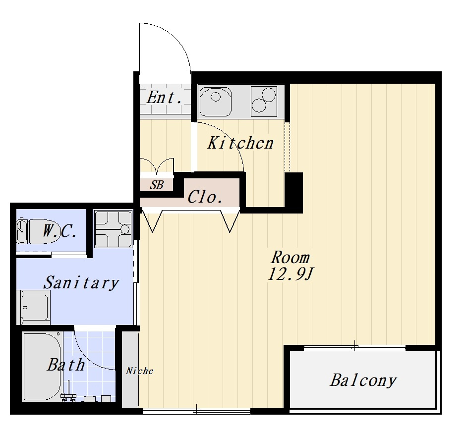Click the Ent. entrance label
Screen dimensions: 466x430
[x=165, y=97]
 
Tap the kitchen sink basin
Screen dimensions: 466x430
[x=216, y=102]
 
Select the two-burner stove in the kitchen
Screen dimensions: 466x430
[x=264, y=101]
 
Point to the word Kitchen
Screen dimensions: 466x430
[x=240, y=143]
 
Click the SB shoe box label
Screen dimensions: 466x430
[x=157, y=185]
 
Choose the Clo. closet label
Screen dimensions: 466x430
[x=205, y=197]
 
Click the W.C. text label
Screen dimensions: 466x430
[x=59, y=231]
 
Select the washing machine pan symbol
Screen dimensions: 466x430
[x=113, y=229]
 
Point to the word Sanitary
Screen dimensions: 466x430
[x=81, y=282]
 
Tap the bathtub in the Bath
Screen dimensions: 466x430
[x=42, y=367]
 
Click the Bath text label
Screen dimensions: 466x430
[x=66, y=365]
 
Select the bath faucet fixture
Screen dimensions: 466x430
[x=68, y=392]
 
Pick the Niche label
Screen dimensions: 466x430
[x=139, y=371]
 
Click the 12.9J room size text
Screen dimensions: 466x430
[x=291, y=274]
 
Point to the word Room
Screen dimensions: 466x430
[x=291, y=258]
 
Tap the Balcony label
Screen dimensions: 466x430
[x=363, y=380]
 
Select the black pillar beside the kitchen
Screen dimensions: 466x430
[x=293, y=192]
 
